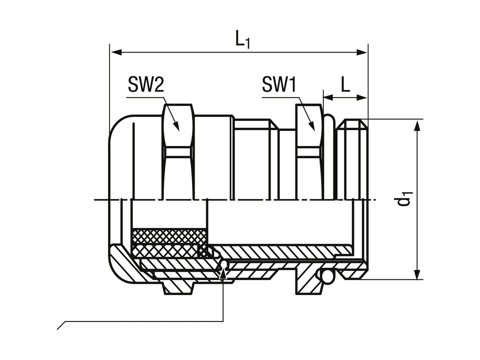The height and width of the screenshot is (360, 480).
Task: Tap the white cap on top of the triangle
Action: [224, 265]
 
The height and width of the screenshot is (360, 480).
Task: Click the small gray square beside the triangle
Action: [228, 276]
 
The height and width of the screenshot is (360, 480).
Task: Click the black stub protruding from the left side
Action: [100, 200]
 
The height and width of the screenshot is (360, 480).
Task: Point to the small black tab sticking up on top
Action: [237, 31]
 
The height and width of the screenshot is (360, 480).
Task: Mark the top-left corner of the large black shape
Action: [107, 43]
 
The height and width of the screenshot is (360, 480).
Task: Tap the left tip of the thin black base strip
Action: [57, 328]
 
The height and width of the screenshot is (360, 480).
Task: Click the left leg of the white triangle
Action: [221, 273]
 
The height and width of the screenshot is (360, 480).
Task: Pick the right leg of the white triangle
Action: [226, 273]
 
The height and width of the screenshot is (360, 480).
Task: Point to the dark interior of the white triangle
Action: [223, 275]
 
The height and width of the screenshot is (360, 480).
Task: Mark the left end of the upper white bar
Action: [425, 119]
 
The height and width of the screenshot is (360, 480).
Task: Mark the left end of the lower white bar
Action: [425, 280]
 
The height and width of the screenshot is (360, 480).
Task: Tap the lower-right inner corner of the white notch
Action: [221, 320]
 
